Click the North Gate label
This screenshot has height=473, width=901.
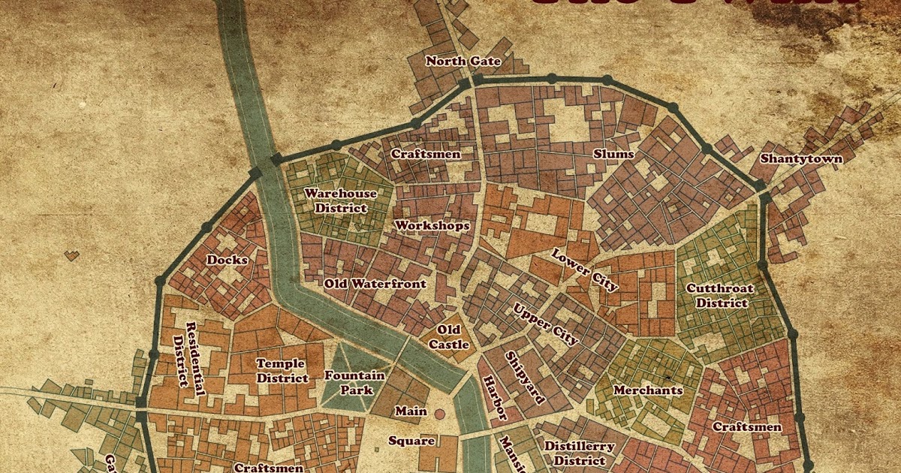click(463, 62)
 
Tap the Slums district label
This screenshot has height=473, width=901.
click(613, 155)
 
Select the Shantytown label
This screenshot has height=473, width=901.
click(801, 159)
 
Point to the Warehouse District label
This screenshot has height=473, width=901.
click(340, 200)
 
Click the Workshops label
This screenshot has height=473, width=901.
click(432, 225)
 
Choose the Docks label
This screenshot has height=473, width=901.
click(227, 260)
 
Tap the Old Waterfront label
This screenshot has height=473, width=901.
click(375, 284)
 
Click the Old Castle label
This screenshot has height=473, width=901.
click(449, 337)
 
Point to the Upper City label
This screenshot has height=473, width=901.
click(545, 324)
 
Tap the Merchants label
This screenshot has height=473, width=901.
click(648, 390)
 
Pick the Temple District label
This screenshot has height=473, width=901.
click(282, 371)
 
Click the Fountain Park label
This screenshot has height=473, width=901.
click(354, 383)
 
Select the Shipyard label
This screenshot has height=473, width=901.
click(524, 378)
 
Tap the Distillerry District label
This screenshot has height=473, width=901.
click(578, 453)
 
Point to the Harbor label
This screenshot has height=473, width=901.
click(494, 397)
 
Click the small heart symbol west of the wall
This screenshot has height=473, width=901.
click(71, 255)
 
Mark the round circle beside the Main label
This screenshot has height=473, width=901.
click(441, 411)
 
